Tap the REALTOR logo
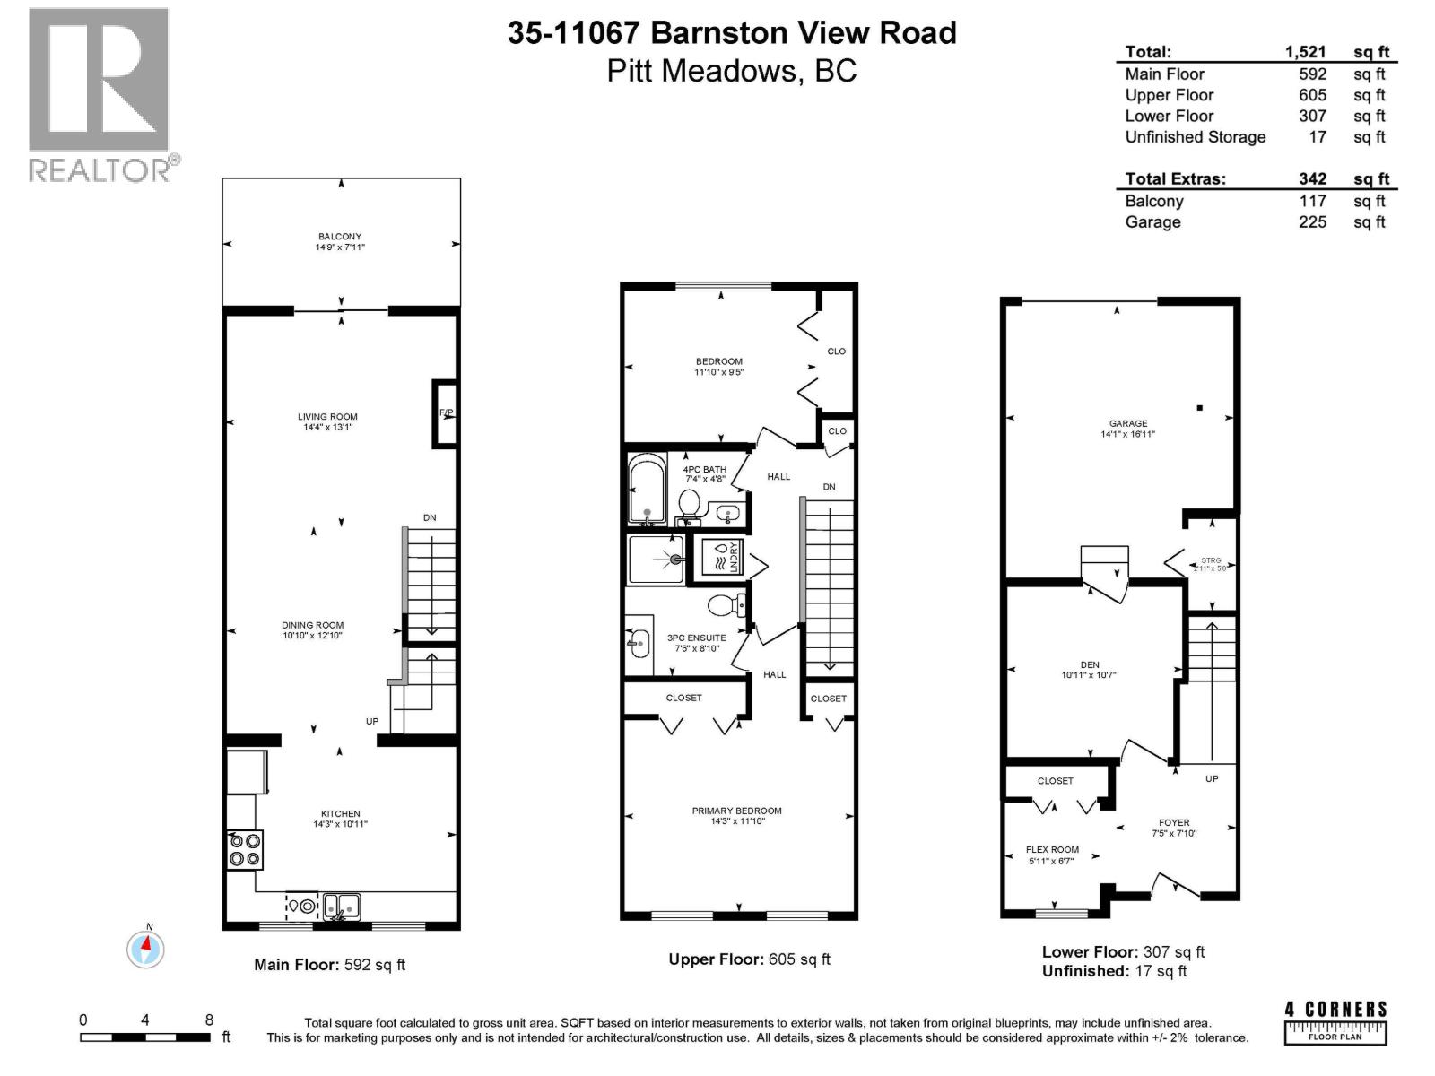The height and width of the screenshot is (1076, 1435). pos(100,94)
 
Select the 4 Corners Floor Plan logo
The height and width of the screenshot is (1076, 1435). pos(1335,1023)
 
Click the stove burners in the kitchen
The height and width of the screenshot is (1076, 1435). pos(244,849)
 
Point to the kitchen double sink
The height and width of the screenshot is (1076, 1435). pos(341,907)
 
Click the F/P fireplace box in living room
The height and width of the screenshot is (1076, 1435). pos(445,413)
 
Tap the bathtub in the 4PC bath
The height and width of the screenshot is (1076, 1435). pos(646,490)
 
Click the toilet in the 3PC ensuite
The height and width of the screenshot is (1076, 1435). pos(726,606)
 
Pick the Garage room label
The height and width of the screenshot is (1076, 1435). pos(1127,423)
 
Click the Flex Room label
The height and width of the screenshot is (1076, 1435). pos(1052,849)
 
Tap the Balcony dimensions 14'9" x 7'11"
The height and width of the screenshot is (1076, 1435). pos(340,247)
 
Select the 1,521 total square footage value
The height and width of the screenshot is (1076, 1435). pos(1305,52)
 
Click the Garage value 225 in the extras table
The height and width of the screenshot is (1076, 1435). pos(1312,221)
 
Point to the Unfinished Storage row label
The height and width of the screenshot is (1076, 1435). pos(1195,137)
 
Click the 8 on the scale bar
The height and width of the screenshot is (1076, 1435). pos(209,1020)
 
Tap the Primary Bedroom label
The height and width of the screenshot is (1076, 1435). pos(736,811)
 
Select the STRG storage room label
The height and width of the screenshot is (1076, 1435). pos(1210,560)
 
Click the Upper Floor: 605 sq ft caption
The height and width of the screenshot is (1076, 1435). pos(749,959)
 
